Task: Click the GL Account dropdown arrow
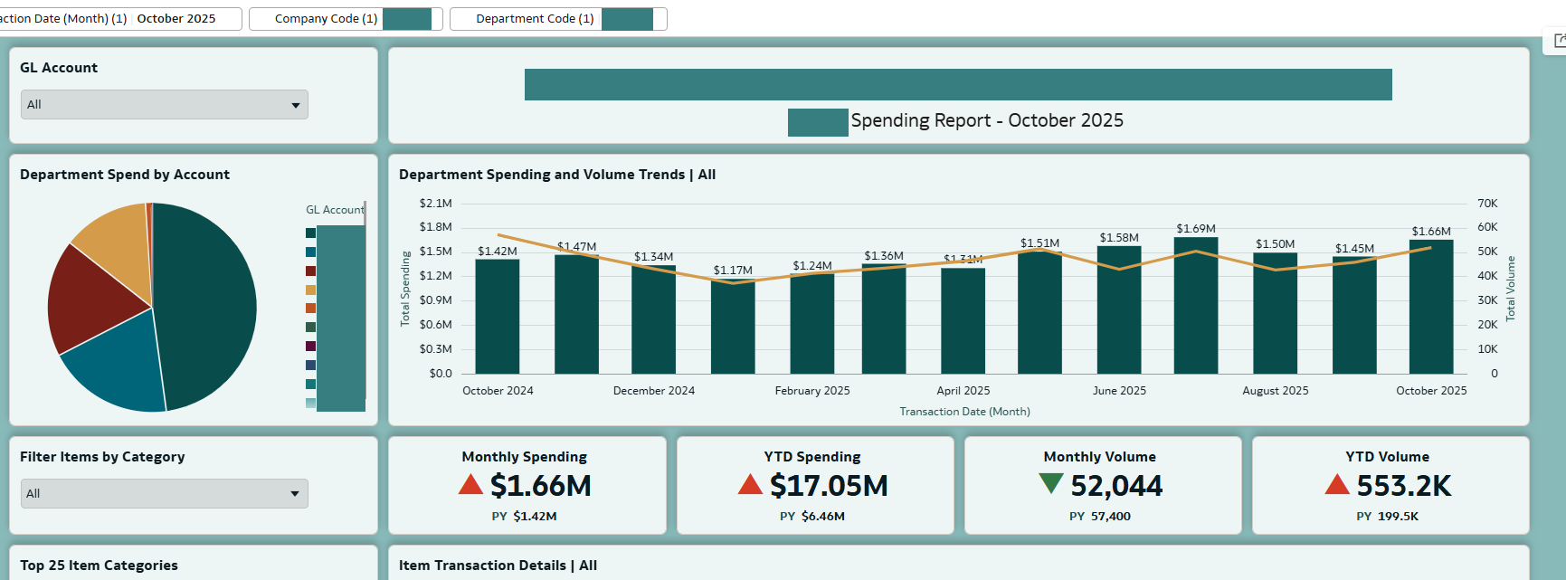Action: point(295,106)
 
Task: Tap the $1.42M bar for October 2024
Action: point(498,317)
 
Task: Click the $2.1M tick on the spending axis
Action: point(435,204)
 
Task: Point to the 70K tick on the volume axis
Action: point(1487,204)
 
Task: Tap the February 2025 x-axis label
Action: point(812,391)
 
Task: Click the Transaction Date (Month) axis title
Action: point(964,412)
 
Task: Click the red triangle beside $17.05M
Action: point(750,485)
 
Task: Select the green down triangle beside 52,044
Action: point(1050,484)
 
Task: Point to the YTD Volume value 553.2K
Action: point(1403,487)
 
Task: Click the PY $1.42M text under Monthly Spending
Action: point(525,517)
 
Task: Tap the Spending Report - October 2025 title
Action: point(987,120)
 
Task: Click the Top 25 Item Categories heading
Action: point(99,566)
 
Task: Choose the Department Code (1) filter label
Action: point(535,19)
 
